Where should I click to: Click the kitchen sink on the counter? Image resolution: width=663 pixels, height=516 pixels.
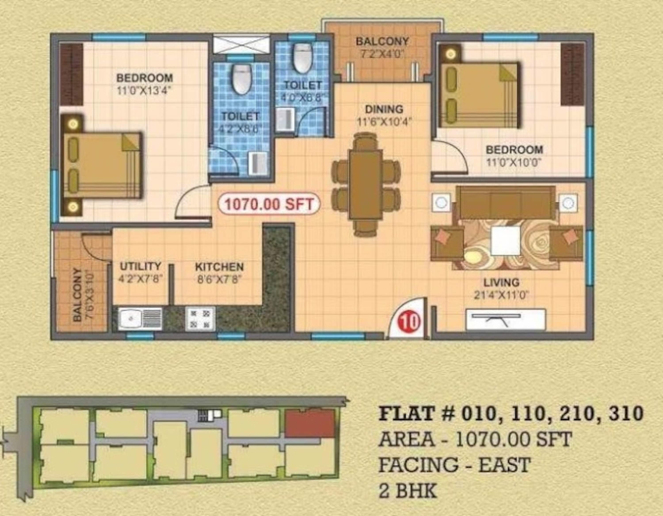coord(140,319)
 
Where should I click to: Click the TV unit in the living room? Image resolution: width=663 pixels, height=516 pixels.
coord(505,319)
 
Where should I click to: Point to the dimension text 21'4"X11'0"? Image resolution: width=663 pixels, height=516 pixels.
coord(501,295)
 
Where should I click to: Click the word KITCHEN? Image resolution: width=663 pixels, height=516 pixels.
coord(219,267)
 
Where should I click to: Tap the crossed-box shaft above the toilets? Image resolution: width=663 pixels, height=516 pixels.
coord(241,45)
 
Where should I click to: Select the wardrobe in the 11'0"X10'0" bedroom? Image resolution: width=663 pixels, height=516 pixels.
coord(572,75)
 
